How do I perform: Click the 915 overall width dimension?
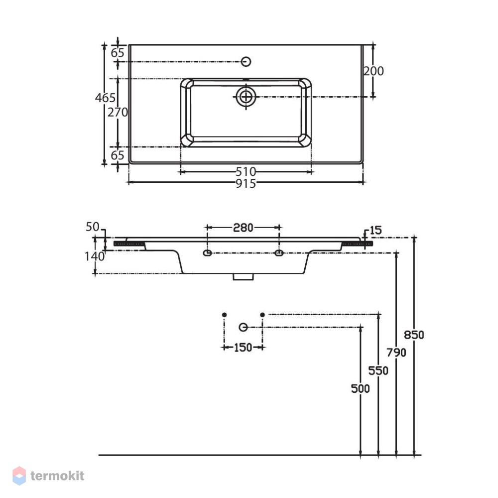click(246, 184)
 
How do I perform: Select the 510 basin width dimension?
click(246, 172)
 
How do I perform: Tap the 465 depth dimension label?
click(105, 98)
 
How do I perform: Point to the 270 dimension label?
click(118, 112)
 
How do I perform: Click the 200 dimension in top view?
click(373, 71)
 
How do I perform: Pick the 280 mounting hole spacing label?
click(244, 228)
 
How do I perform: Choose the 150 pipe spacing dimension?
click(243, 348)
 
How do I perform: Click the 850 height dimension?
click(414, 335)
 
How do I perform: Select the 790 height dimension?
click(396, 353)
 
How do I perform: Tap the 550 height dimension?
click(378, 371)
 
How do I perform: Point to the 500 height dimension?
click(361, 389)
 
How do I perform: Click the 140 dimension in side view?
click(95, 256)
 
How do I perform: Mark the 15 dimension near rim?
click(375, 230)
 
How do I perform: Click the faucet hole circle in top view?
click(246, 62)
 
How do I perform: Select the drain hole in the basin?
click(246, 97)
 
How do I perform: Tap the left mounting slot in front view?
click(207, 253)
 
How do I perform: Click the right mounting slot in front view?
click(279, 253)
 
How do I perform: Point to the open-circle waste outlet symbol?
click(244, 327)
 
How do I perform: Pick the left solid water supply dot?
click(224, 315)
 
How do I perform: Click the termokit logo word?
click(57, 476)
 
